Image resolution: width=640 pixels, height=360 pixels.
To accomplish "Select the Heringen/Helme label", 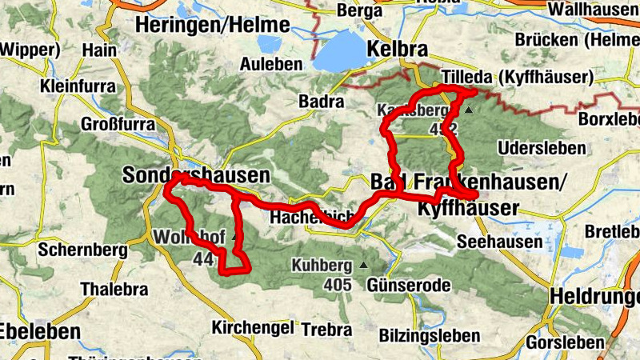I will pyautogui.click(x=211, y=25).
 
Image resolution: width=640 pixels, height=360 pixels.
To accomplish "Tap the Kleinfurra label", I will pyautogui.click(x=78, y=84).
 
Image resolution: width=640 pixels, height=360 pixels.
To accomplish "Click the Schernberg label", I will pyautogui.click(x=82, y=250).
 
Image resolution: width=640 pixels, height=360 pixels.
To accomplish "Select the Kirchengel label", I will pyautogui.click(x=248, y=327).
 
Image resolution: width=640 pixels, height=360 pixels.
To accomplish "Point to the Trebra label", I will pyautogui.click(x=326, y=329).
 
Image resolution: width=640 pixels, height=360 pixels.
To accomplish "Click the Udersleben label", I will pyautogui.click(x=533, y=149).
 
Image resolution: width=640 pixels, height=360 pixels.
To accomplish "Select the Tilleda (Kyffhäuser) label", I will pyautogui.click(x=517, y=78).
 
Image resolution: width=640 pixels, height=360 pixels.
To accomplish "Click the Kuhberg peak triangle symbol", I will pyautogui.click(x=364, y=265).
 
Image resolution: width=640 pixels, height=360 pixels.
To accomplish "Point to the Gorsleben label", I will pyautogui.click(x=566, y=342).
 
